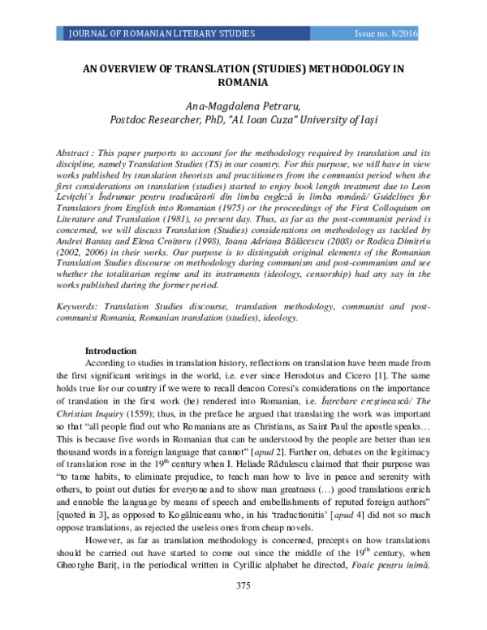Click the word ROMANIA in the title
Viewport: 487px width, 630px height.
[x=243, y=82]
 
